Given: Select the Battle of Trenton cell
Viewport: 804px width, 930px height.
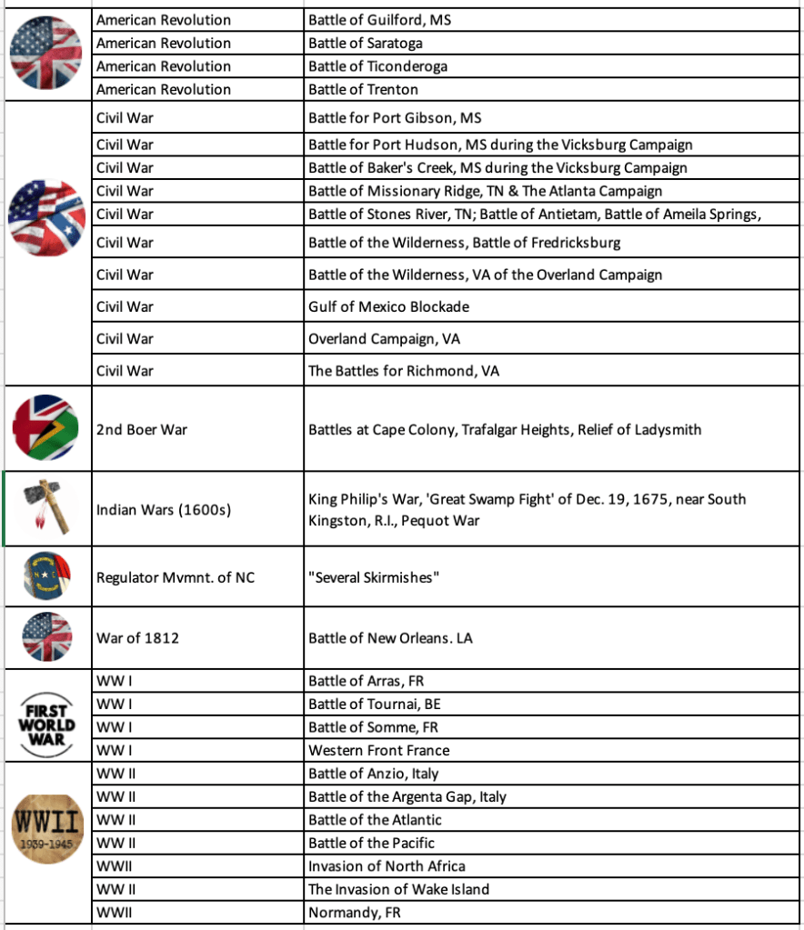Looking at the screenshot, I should [364, 89].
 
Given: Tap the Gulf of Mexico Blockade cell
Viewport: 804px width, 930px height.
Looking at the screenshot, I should [389, 306].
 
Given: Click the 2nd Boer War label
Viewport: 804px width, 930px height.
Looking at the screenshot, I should [142, 429].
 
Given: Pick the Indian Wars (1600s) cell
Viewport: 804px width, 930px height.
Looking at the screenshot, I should [164, 509].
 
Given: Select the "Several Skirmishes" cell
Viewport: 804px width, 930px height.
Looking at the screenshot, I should [374, 577].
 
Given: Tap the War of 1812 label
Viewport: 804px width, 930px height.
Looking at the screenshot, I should [138, 638].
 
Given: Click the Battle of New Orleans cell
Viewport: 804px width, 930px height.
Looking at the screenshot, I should [391, 638].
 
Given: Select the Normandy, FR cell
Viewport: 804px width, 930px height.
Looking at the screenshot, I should [355, 913].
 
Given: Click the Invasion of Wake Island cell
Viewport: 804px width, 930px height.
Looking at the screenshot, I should [398, 889].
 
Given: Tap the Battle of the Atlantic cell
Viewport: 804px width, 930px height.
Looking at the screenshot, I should [375, 820].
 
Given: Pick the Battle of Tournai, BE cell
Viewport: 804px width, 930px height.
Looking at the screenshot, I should [375, 704].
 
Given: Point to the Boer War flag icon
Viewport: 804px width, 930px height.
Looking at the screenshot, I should [47, 427].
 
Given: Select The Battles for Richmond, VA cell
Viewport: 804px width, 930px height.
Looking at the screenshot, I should [404, 371].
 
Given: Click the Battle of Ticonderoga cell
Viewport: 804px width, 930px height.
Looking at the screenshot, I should [377, 66].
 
